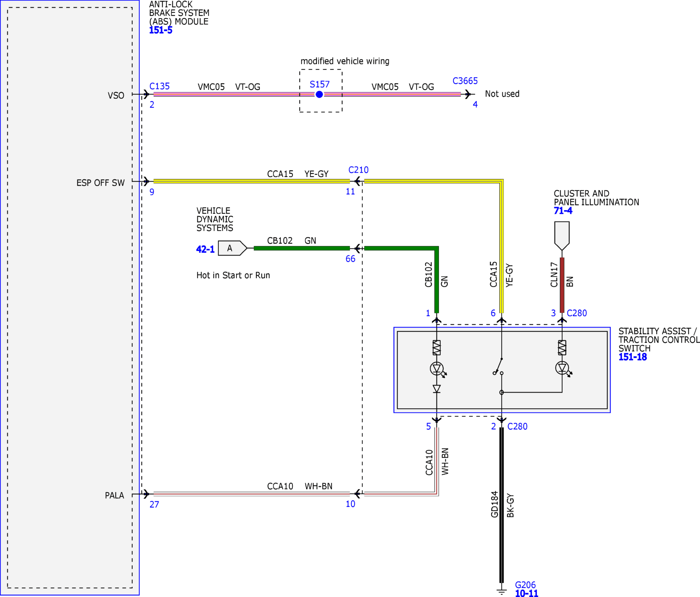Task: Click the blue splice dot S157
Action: coord(319,95)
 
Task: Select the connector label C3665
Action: coord(465,81)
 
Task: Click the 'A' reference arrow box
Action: coord(232,248)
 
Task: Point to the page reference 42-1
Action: coord(205,249)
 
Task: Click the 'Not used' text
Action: coord(502,94)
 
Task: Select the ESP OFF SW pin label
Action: coord(100,183)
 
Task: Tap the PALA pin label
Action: coord(114,495)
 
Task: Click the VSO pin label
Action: coord(116,96)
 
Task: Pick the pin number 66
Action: coord(350,259)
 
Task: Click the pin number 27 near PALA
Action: coord(154,504)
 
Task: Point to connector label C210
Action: coord(358,170)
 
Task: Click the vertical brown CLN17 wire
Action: coord(562,285)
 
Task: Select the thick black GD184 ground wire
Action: coord(502,505)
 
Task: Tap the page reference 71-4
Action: coord(563,211)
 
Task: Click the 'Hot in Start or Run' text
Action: coord(233,275)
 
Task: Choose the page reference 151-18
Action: coord(632,357)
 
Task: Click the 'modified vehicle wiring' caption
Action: coord(345,61)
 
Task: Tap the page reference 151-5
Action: coord(160,30)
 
